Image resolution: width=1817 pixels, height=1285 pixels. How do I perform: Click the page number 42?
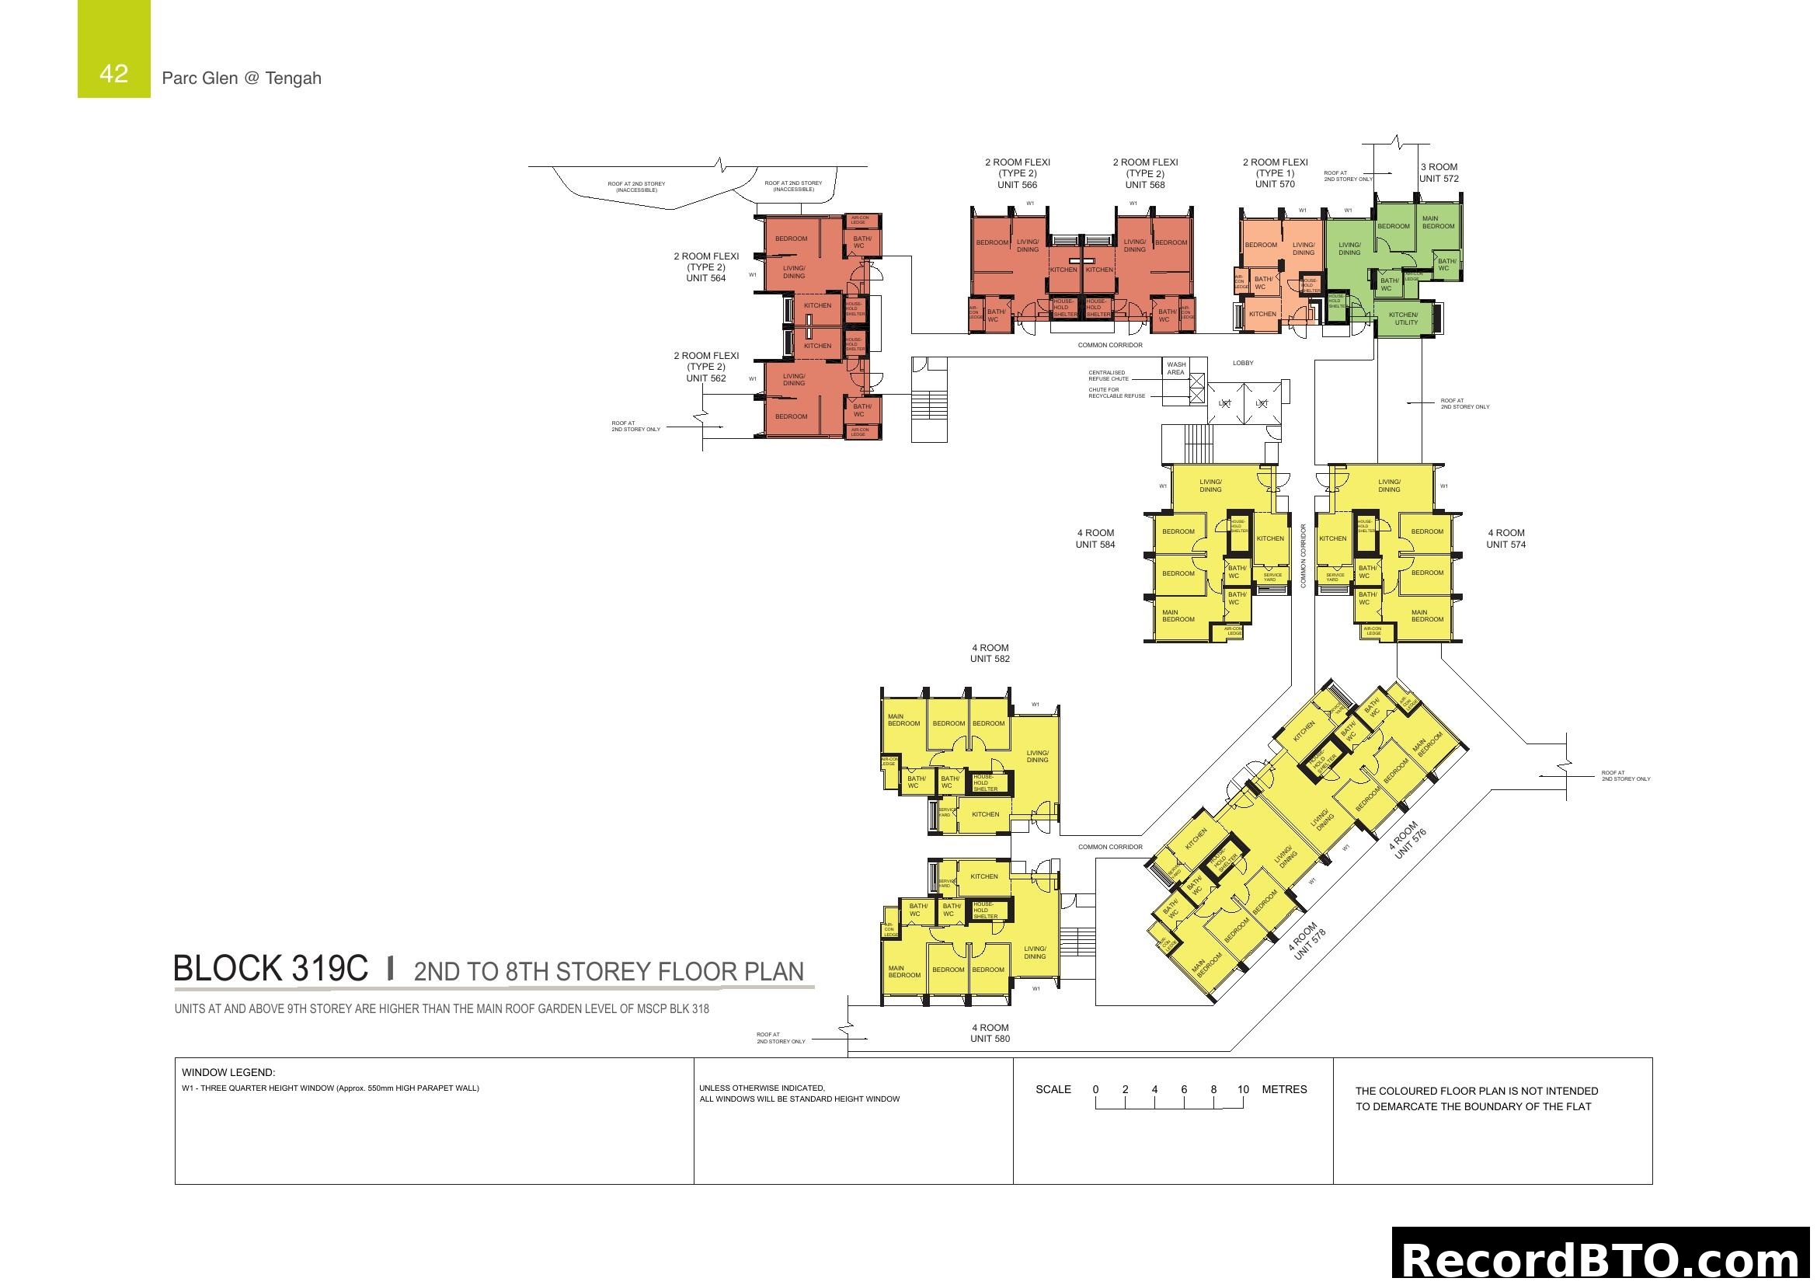tap(114, 74)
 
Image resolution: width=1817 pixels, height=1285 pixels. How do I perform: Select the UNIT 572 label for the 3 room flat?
tap(1439, 179)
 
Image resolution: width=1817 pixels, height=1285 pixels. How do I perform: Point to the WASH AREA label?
tap(1176, 369)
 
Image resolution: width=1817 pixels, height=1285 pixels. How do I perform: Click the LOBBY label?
tap(1243, 363)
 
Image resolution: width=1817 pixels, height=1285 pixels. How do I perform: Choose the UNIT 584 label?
tap(1095, 545)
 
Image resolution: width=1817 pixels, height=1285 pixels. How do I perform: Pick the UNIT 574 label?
tap(1505, 545)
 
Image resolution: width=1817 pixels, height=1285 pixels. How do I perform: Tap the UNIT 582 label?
tap(990, 658)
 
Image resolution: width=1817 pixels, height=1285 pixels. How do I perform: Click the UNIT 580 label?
tap(990, 1039)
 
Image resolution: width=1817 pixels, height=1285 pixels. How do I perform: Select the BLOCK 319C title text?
tap(270, 969)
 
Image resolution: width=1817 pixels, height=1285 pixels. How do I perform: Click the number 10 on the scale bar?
tap(1242, 1089)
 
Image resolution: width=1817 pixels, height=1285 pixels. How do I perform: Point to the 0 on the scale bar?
tap(1095, 1089)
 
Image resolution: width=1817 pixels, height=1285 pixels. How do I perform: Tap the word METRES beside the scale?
tap(1284, 1089)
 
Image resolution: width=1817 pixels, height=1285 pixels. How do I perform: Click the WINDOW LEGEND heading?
tap(228, 1073)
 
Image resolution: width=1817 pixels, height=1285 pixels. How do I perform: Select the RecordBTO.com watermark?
tap(1603, 1259)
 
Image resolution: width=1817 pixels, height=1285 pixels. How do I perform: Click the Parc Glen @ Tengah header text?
tap(242, 78)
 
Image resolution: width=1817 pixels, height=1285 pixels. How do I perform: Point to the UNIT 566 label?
tap(1017, 185)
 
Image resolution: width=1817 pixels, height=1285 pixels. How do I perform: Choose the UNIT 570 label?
tap(1274, 184)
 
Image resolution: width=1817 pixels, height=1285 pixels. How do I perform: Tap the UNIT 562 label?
tap(705, 378)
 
